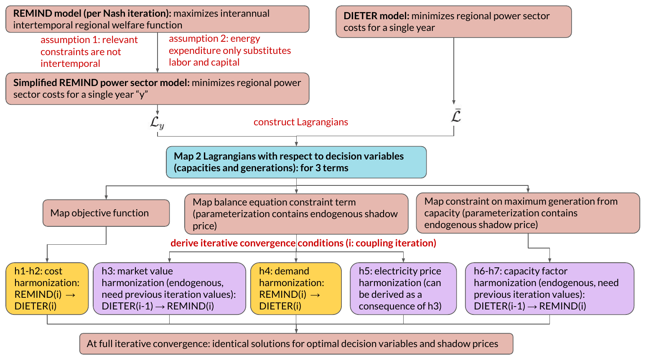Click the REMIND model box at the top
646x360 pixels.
coord(157,19)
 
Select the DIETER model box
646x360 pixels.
coord(453,22)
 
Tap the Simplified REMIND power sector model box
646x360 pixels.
coord(157,89)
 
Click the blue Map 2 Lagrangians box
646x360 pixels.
coord(296,162)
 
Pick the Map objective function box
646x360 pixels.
coord(106,213)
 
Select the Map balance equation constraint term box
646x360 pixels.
coord(296,214)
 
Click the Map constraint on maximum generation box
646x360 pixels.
coord(528,213)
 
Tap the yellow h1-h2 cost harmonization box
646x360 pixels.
coord(47,289)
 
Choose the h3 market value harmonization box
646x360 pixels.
coord(169,289)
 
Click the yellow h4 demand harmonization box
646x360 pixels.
coord(296,289)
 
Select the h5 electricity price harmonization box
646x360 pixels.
coord(403,289)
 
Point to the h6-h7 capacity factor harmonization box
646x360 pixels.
coord(549,289)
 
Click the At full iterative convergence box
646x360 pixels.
coord(296,344)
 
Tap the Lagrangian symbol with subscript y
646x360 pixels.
coord(157,123)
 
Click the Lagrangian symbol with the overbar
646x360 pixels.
coord(456,116)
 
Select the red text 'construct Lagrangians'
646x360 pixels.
coord(301,122)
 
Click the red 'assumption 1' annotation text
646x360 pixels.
coord(89,52)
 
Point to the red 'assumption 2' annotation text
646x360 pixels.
coord(230,51)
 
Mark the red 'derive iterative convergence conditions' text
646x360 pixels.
coord(303,243)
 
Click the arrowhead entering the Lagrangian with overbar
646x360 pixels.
coord(454,102)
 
